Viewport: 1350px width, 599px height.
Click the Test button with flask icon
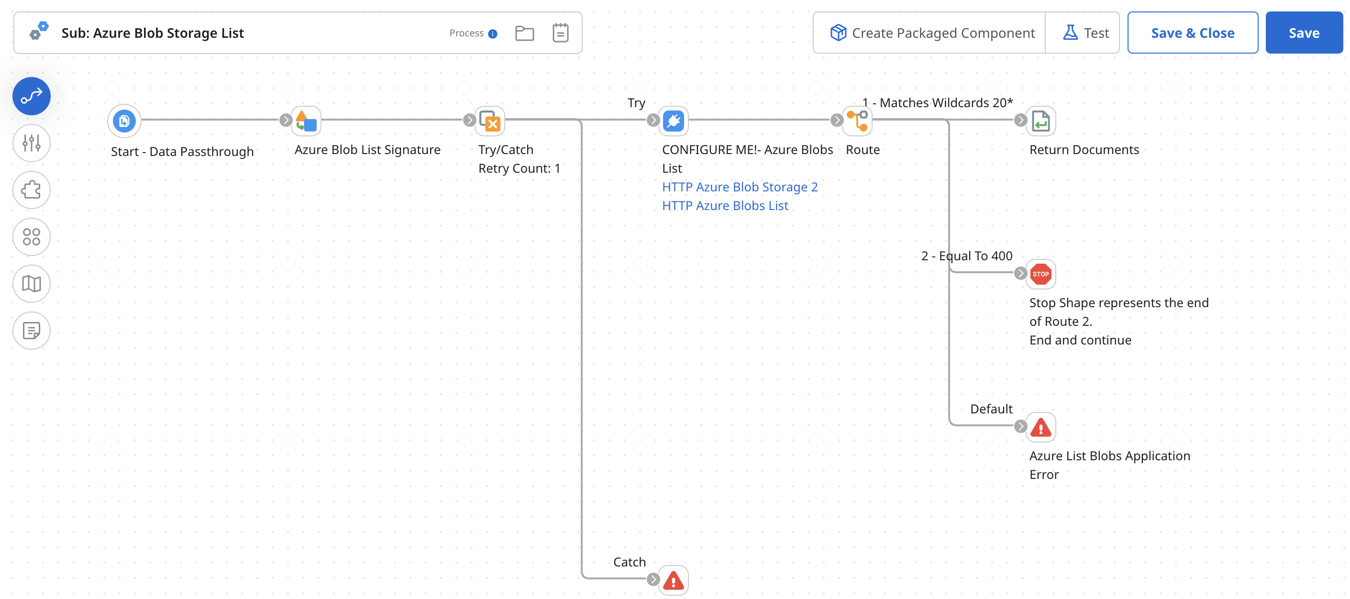point(1085,33)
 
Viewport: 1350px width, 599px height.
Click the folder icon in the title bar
point(524,33)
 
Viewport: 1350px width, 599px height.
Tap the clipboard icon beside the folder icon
point(560,33)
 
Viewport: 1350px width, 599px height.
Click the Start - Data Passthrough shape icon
point(124,121)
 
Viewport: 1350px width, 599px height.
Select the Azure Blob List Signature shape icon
point(307,121)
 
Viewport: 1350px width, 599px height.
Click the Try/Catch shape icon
point(490,121)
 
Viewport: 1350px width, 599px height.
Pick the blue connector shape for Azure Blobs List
point(674,121)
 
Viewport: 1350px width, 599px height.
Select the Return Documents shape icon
point(1040,121)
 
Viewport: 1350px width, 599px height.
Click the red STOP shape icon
point(1040,274)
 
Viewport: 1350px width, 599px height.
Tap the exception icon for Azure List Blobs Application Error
point(1040,428)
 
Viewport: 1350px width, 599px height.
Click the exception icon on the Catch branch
point(674,580)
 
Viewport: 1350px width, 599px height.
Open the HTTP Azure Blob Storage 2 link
point(739,187)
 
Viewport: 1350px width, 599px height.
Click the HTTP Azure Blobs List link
point(724,206)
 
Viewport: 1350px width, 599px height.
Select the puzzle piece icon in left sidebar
point(32,190)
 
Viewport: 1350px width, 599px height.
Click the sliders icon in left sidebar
point(32,143)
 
